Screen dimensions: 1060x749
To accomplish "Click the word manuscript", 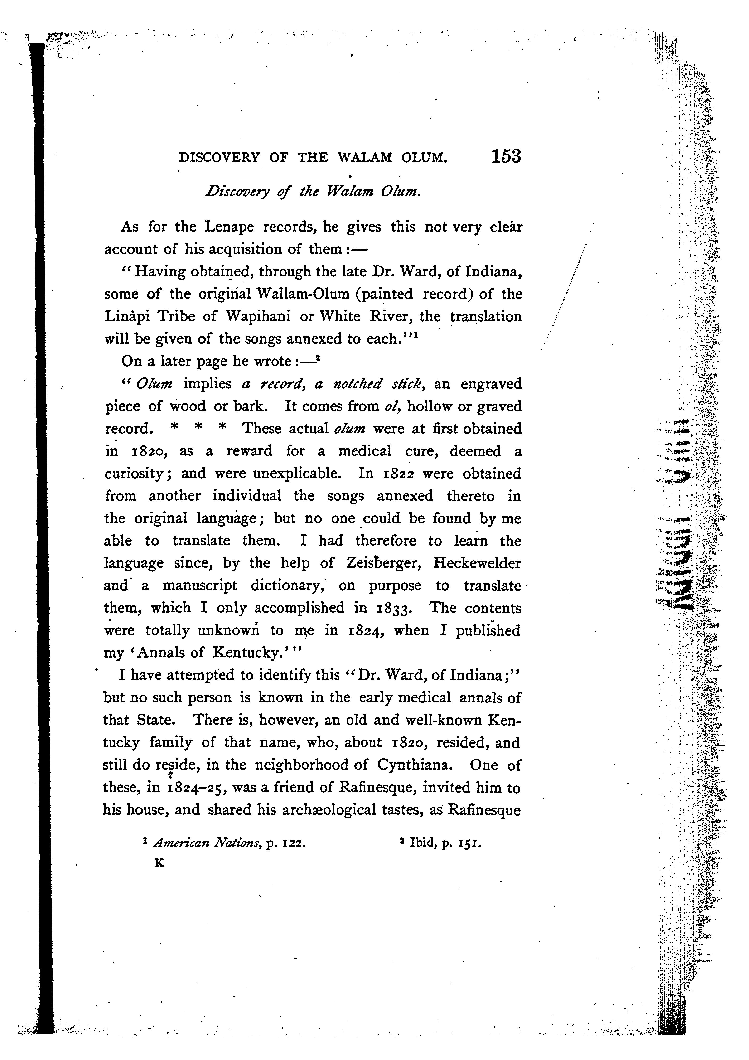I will [199, 586].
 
